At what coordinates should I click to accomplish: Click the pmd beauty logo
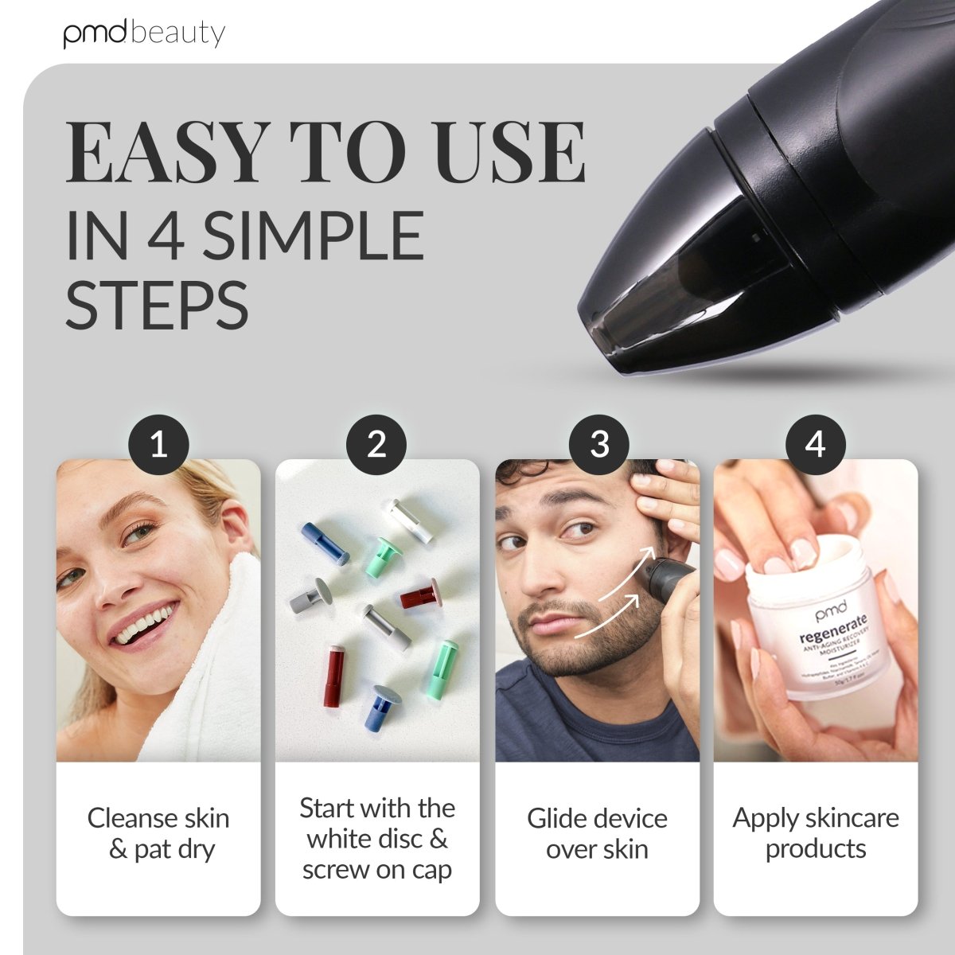(144, 33)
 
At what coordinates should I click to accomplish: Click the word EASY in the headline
(166, 152)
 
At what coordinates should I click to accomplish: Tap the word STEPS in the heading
(157, 305)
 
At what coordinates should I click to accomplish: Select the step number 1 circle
(158, 444)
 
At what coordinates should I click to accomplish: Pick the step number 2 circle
(376, 444)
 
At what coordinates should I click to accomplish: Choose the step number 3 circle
(598, 444)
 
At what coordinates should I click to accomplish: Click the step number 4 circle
(815, 444)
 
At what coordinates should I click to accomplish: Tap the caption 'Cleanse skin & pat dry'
(158, 833)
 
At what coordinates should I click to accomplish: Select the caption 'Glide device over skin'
(597, 833)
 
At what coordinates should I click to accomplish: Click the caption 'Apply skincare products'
(816, 832)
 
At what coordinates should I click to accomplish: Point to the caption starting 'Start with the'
(377, 839)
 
